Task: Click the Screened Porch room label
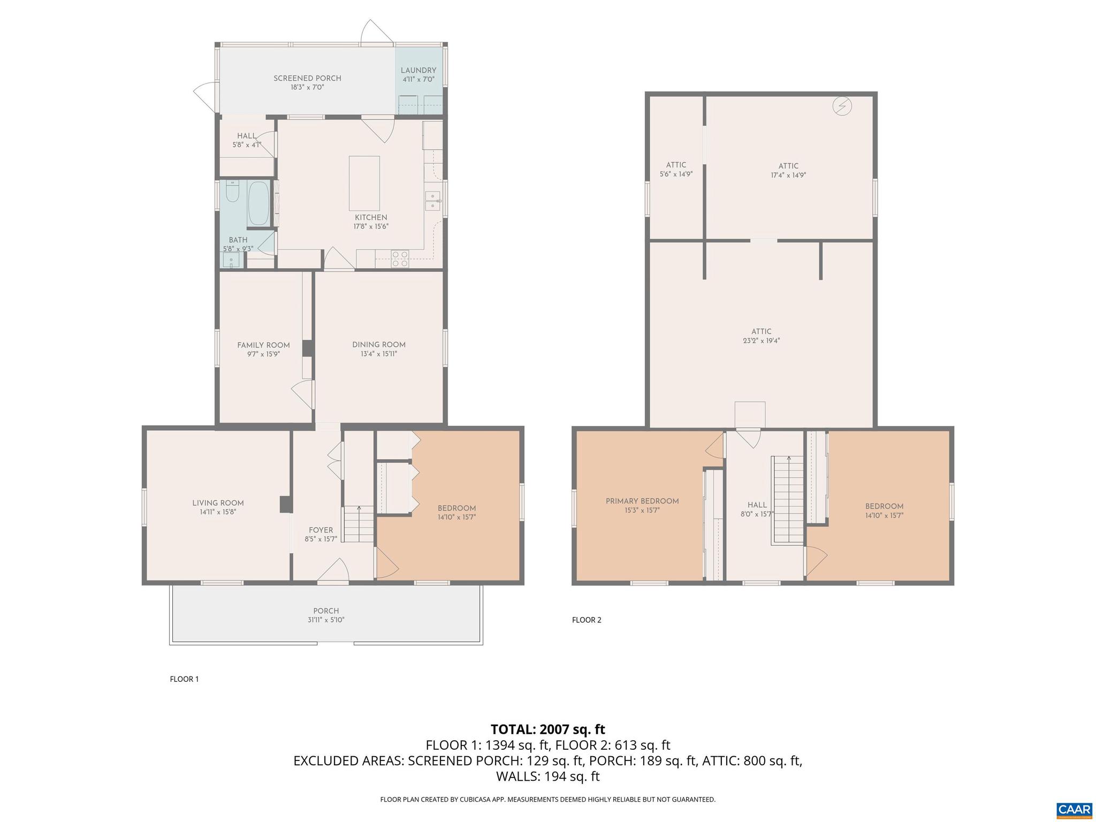[x=307, y=78]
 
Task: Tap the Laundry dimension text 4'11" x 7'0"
[x=418, y=79]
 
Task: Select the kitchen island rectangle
[x=364, y=183]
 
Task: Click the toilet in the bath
[x=232, y=192]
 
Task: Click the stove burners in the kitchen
[x=400, y=258]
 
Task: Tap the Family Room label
[x=263, y=345]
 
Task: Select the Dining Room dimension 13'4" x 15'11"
[x=378, y=354]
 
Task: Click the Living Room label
[x=218, y=503]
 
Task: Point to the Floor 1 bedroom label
[x=456, y=508]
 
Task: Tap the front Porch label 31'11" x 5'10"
[x=326, y=615]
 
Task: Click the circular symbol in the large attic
[x=842, y=106]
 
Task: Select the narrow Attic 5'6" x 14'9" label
[x=676, y=169]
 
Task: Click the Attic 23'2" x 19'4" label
[x=761, y=336]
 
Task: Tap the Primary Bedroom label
[x=642, y=501]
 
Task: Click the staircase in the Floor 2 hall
[x=787, y=500]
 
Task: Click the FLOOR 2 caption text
[x=587, y=620]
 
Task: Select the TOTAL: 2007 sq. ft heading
[x=547, y=729]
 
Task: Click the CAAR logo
[x=1074, y=809]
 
